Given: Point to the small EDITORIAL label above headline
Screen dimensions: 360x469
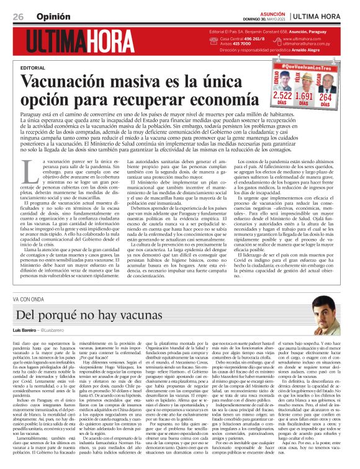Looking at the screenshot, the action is click(x=32, y=67).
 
